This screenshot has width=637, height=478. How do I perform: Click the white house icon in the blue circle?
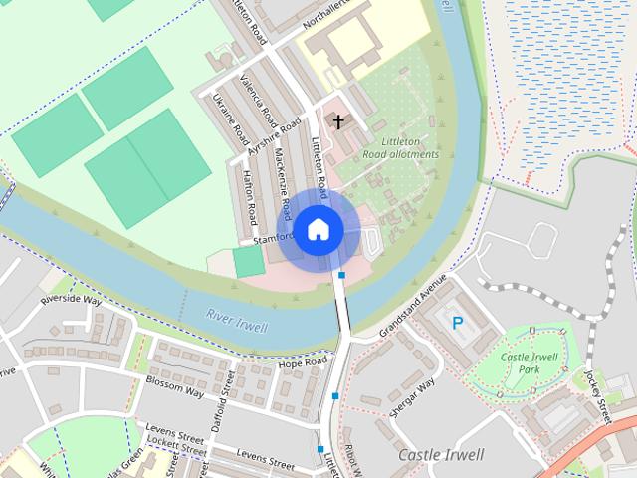318,229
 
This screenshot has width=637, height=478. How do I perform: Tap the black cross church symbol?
338,122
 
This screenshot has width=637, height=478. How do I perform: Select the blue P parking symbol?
458,323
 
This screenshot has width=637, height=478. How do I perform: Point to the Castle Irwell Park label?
528,363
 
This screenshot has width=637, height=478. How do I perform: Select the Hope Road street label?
303,364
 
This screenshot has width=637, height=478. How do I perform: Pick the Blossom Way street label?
174,386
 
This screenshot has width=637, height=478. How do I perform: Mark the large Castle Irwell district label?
440,455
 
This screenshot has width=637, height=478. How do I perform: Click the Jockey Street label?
596,393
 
